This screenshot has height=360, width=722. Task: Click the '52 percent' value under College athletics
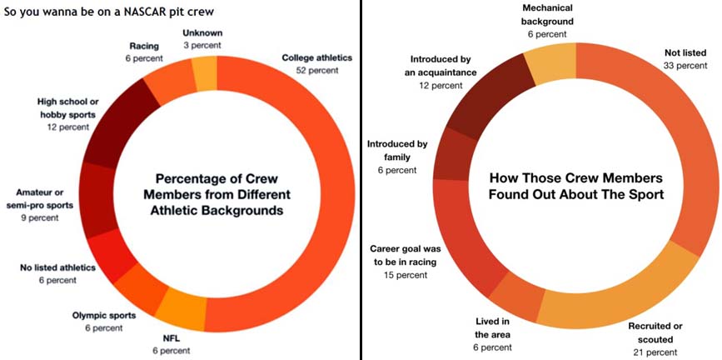[317, 71]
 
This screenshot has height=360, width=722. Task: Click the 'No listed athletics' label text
[57, 267]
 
